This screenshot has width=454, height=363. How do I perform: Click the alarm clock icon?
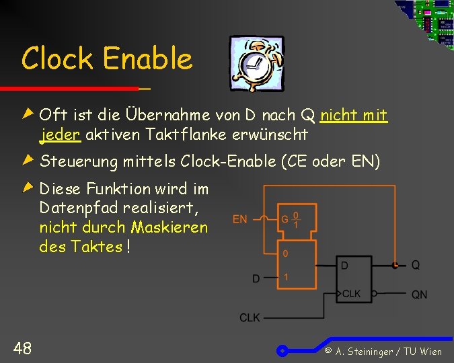pos(256,63)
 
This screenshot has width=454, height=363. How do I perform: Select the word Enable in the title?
pos(148,59)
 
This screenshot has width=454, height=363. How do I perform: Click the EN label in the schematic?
pos(239,218)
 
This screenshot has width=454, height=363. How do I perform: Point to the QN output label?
pos(419,294)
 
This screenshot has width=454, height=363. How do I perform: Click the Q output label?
pos(416,266)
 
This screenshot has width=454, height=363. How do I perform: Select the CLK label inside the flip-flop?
pos(352,294)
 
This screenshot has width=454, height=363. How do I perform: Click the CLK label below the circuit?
pos(250,317)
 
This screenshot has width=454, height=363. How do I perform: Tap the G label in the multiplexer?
pos(285,219)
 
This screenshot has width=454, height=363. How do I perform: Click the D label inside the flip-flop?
pos(345,266)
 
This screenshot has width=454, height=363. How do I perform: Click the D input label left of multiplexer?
pos(256,278)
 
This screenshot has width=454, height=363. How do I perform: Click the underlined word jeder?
pos(61,134)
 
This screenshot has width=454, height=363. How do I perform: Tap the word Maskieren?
pos(169,227)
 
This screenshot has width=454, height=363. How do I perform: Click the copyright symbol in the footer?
pos(328,351)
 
